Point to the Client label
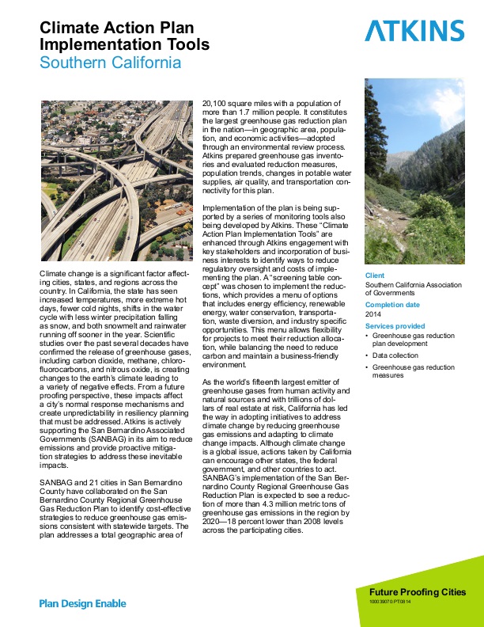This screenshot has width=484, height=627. point(375,275)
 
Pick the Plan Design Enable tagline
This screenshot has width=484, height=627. point(83,603)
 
